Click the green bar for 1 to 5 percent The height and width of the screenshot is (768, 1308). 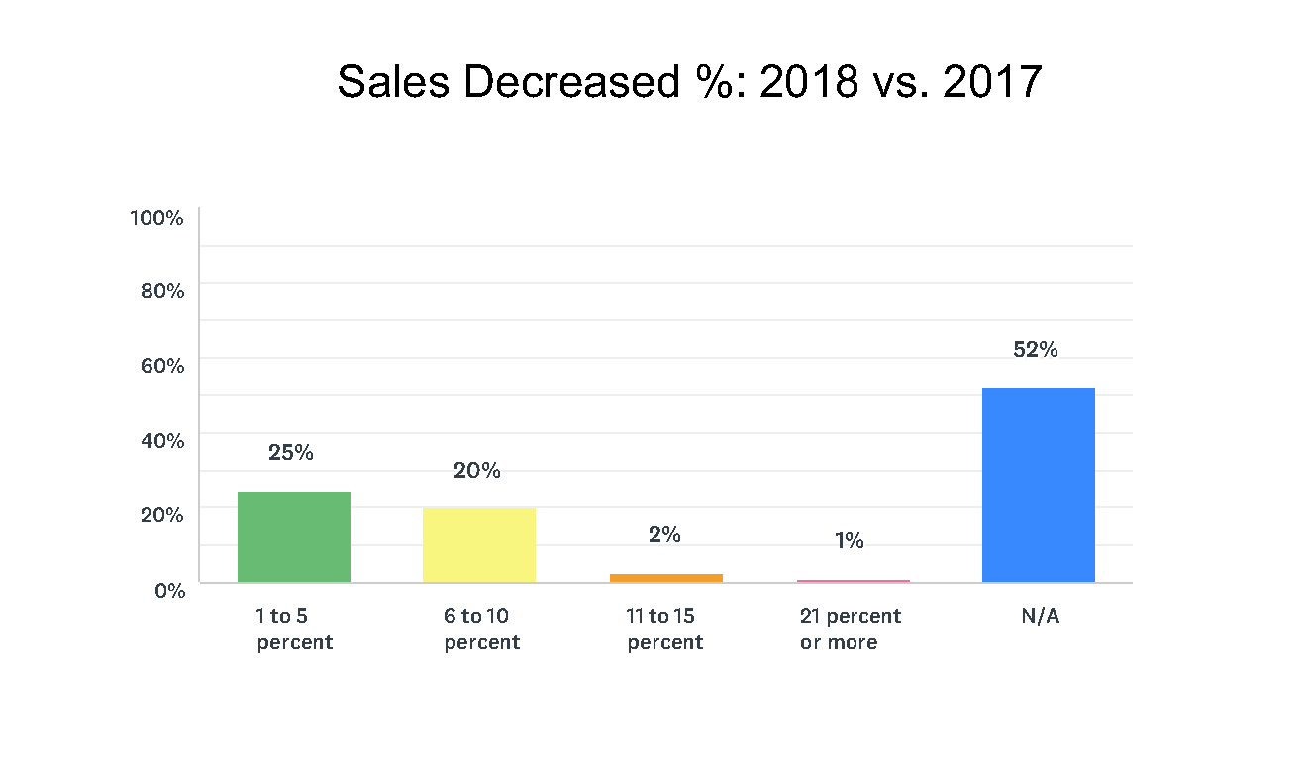[294, 536]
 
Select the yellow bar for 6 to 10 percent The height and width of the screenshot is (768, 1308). [479, 545]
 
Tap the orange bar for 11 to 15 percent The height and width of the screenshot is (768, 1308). [665, 577]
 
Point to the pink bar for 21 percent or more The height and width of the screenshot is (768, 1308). [853, 580]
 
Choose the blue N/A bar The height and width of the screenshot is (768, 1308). [1038, 485]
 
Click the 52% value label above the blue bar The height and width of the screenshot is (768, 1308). [1036, 350]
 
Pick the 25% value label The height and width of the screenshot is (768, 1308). [291, 453]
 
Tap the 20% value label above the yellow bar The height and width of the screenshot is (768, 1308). [477, 471]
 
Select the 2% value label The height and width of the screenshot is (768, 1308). [664, 535]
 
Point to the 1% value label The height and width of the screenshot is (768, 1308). [850, 541]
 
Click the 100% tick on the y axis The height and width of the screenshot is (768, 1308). [156, 218]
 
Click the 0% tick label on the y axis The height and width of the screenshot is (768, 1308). [167, 590]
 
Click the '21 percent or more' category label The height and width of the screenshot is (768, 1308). [851, 629]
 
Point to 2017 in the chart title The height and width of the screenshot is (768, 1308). [992, 82]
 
